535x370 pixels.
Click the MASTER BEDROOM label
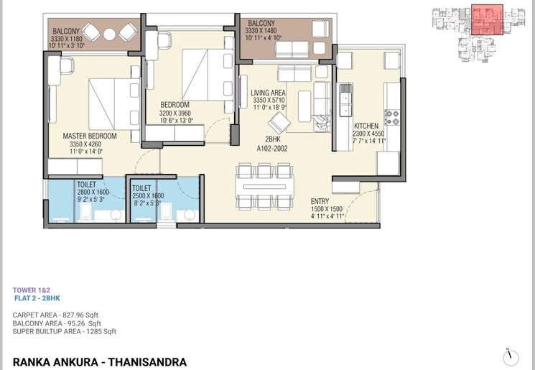coord(90,136)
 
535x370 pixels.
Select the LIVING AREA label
coord(269,93)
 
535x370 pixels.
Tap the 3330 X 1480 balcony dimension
coord(261,31)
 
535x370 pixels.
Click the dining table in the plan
coord(265,185)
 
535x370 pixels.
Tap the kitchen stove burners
coord(393,116)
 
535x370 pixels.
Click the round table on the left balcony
coord(108,33)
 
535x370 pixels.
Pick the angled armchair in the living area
coord(280,123)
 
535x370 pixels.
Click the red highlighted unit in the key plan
coord(487,19)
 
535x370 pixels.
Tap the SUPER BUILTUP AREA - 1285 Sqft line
coord(65,331)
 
